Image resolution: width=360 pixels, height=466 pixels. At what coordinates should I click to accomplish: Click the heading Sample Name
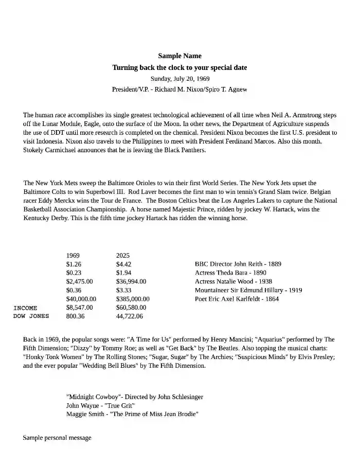click(x=179, y=56)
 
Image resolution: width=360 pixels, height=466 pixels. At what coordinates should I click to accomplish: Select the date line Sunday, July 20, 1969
click(x=179, y=79)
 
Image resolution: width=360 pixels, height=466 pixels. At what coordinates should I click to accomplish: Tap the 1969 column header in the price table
click(x=73, y=256)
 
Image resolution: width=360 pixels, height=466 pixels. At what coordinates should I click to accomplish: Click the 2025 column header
click(x=123, y=256)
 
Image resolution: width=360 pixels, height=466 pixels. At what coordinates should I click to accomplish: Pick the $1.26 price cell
click(x=74, y=264)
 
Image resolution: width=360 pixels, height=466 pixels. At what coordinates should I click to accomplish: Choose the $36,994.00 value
click(x=131, y=282)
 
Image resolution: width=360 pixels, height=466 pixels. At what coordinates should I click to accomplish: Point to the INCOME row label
click(x=25, y=308)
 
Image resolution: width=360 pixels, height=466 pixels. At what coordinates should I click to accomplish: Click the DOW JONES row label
click(x=31, y=316)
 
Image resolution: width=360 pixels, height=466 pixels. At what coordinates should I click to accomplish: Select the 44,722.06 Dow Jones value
click(x=130, y=316)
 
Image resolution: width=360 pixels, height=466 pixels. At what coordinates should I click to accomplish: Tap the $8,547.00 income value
click(x=80, y=308)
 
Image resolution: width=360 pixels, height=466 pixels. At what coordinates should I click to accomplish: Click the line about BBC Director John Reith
click(x=238, y=264)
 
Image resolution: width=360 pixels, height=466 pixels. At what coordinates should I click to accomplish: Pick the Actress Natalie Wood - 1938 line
click(x=233, y=282)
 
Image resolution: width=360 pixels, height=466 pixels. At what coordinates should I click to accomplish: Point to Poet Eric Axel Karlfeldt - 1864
click(x=237, y=299)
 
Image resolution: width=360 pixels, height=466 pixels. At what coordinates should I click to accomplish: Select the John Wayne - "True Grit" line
click(x=101, y=406)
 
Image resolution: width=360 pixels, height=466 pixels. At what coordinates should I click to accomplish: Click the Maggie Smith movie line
click(x=132, y=414)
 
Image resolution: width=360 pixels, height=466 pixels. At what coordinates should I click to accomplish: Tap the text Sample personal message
click(x=57, y=438)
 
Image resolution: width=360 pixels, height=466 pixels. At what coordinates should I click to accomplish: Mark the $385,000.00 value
click(x=133, y=299)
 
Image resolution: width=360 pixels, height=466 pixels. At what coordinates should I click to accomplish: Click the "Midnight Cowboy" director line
click(x=135, y=397)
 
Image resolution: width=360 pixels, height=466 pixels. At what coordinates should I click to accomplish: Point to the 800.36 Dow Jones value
click(x=76, y=316)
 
